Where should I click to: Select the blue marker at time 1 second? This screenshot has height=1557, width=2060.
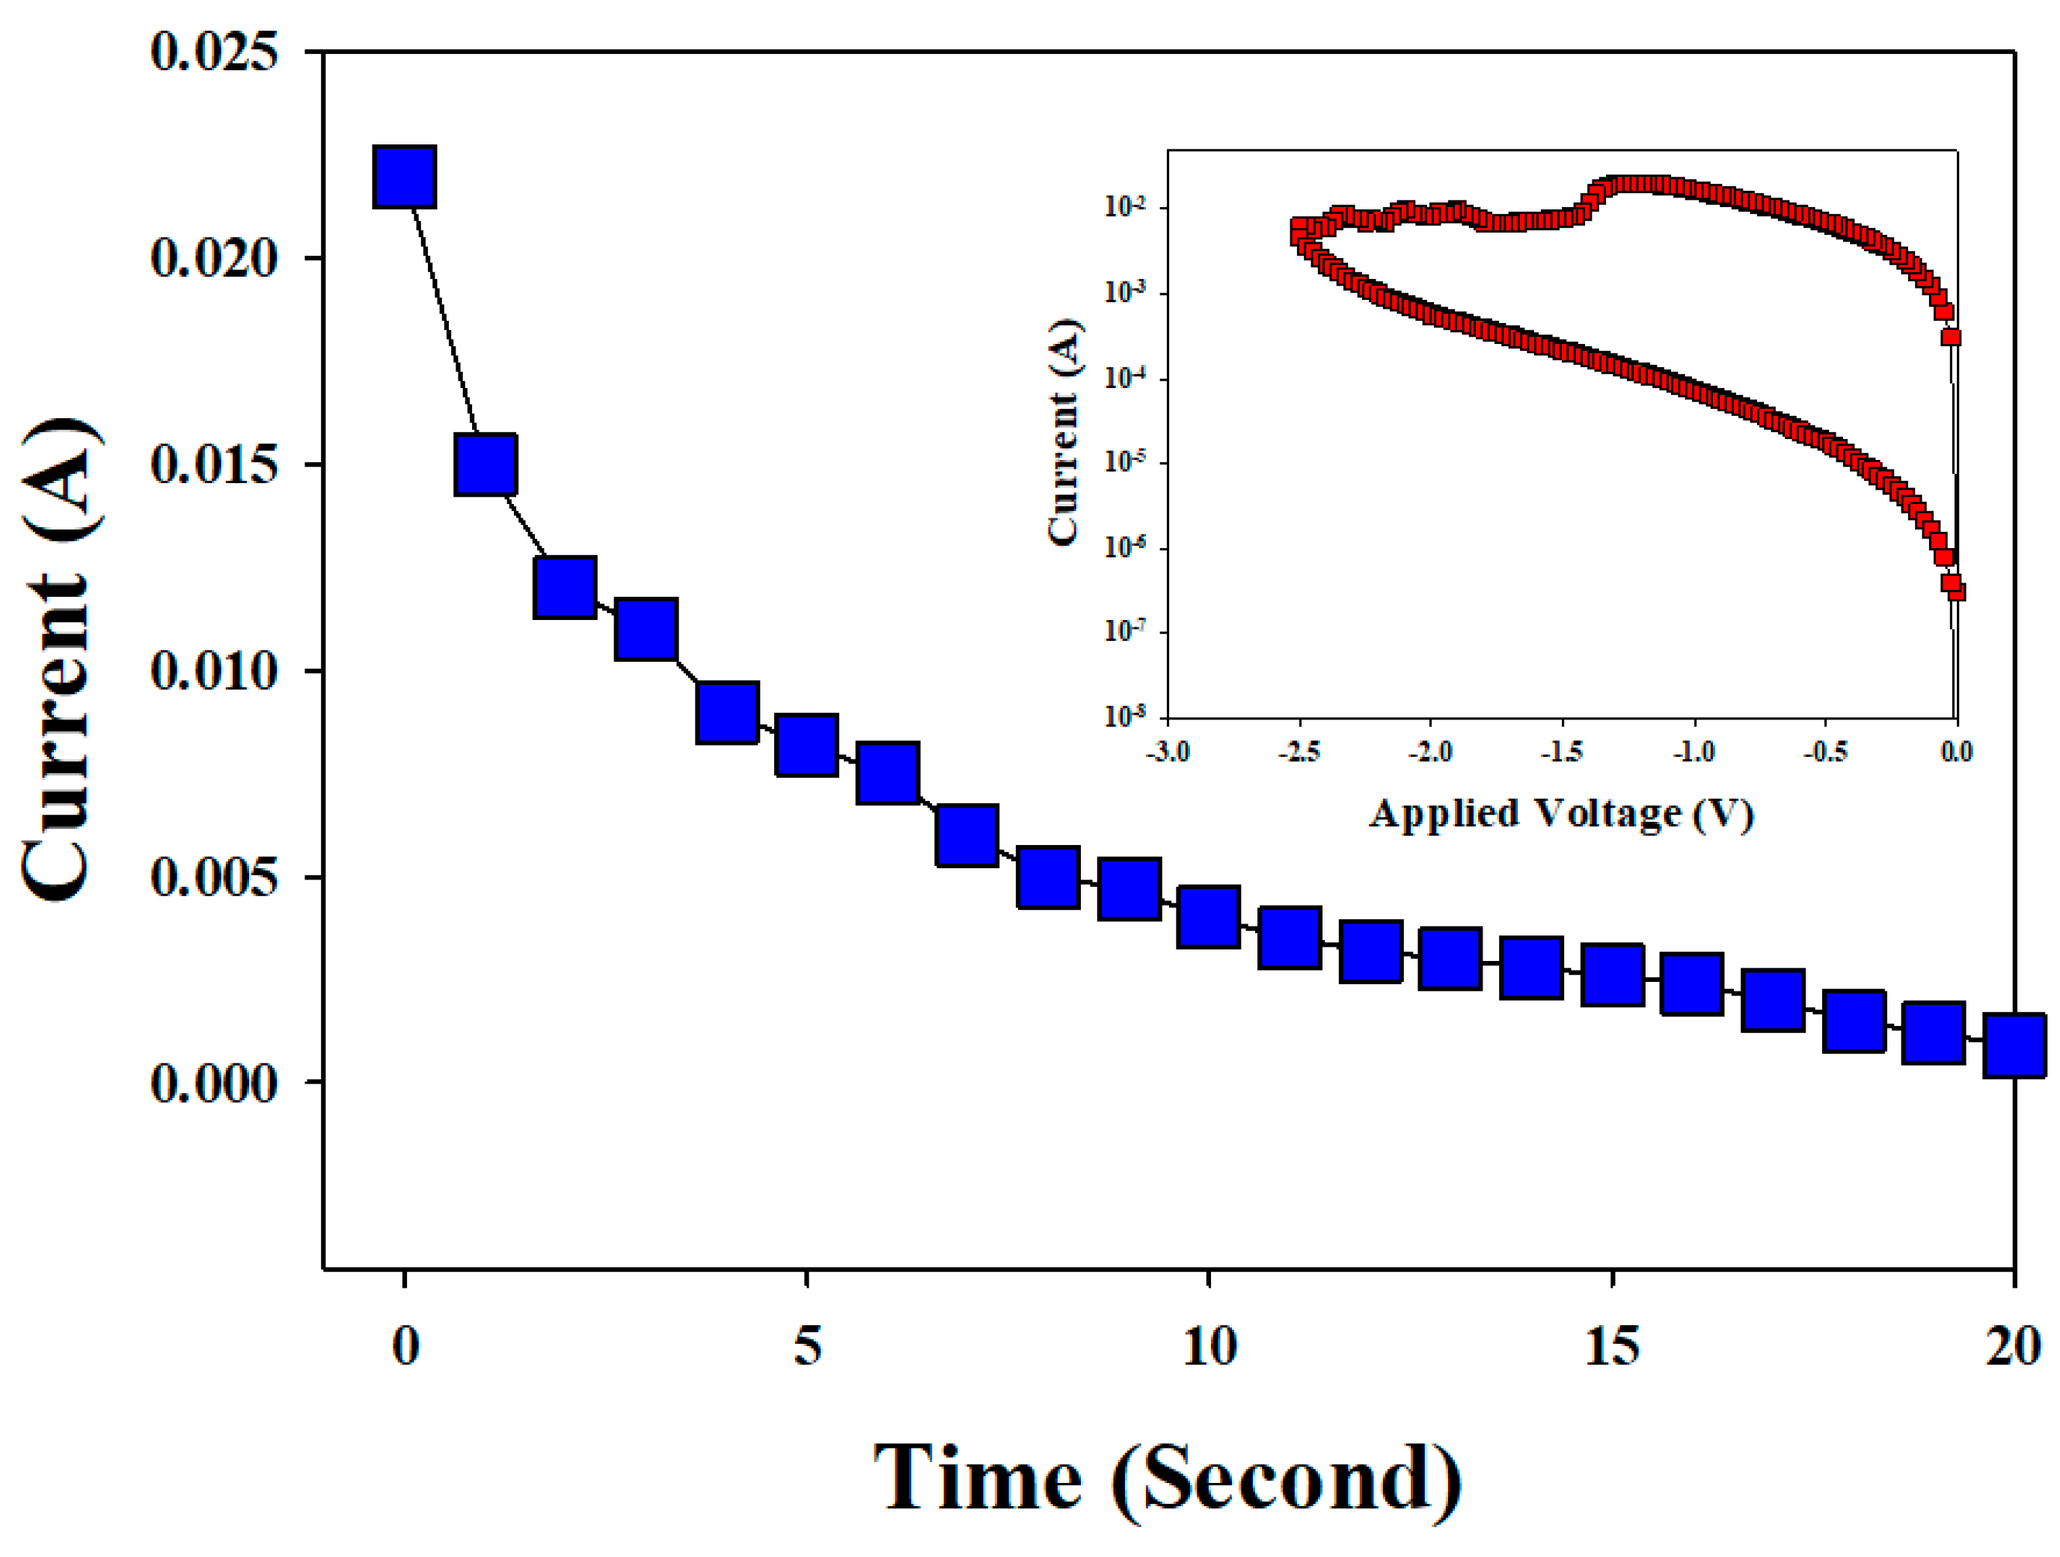pyautogui.click(x=485, y=464)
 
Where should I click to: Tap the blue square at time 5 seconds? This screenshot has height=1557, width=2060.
pyautogui.click(x=806, y=745)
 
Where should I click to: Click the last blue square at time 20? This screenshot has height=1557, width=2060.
pyautogui.click(x=2014, y=1045)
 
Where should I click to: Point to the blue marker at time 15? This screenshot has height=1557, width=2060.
pyautogui.click(x=1612, y=974)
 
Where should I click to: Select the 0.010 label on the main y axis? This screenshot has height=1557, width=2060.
pyautogui.click(x=213, y=671)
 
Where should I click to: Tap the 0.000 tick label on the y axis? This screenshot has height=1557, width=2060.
pyautogui.click(x=213, y=1083)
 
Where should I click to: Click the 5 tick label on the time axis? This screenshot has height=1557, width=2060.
pyautogui.click(x=806, y=1345)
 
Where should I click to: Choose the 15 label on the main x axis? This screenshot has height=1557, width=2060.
pyautogui.click(x=1612, y=1345)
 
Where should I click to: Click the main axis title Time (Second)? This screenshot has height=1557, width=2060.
pyautogui.click(x=1167, y=1478)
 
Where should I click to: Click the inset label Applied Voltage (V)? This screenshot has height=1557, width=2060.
pyautogui.click(x=1561, y=813)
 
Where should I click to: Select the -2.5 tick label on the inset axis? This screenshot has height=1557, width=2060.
pyautogui.click(x=1299, y=751)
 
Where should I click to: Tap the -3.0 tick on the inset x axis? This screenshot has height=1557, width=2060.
pyautogui.click(x=1167, y=751)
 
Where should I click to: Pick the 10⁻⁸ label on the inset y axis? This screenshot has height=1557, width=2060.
pyautogui.click(x=1124, y=715)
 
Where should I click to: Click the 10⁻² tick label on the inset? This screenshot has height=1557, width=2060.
pyautogui.click(x=1124, y=206)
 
